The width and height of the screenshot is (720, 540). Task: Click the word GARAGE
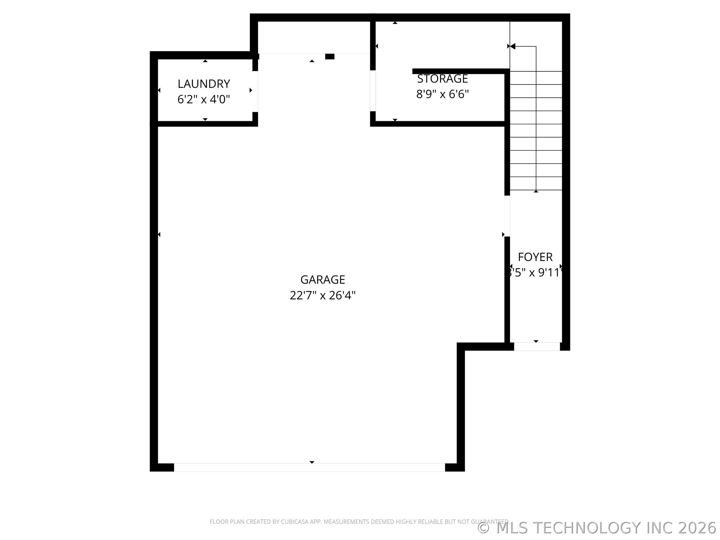click(x=322, y=279)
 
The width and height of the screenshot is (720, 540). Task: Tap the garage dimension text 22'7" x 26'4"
click(x=322, y=295)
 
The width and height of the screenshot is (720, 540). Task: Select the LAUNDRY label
click(x=204, y=84)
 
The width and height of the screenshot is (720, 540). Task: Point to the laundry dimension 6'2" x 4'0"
click(x=204, y=99)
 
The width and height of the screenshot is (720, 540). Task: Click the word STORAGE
click(x=442, y=79)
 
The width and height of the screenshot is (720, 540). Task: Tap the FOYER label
click(x=535, y=257)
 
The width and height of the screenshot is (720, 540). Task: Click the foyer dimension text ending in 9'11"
click(x=535, y=273)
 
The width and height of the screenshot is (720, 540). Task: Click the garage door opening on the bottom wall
click(x=309, y=467)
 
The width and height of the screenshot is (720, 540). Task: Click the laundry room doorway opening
click(x=255, y=91)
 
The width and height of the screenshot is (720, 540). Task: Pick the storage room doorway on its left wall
click(x=373, y=91)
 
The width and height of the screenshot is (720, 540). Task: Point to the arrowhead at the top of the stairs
click(x=512, y=46)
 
